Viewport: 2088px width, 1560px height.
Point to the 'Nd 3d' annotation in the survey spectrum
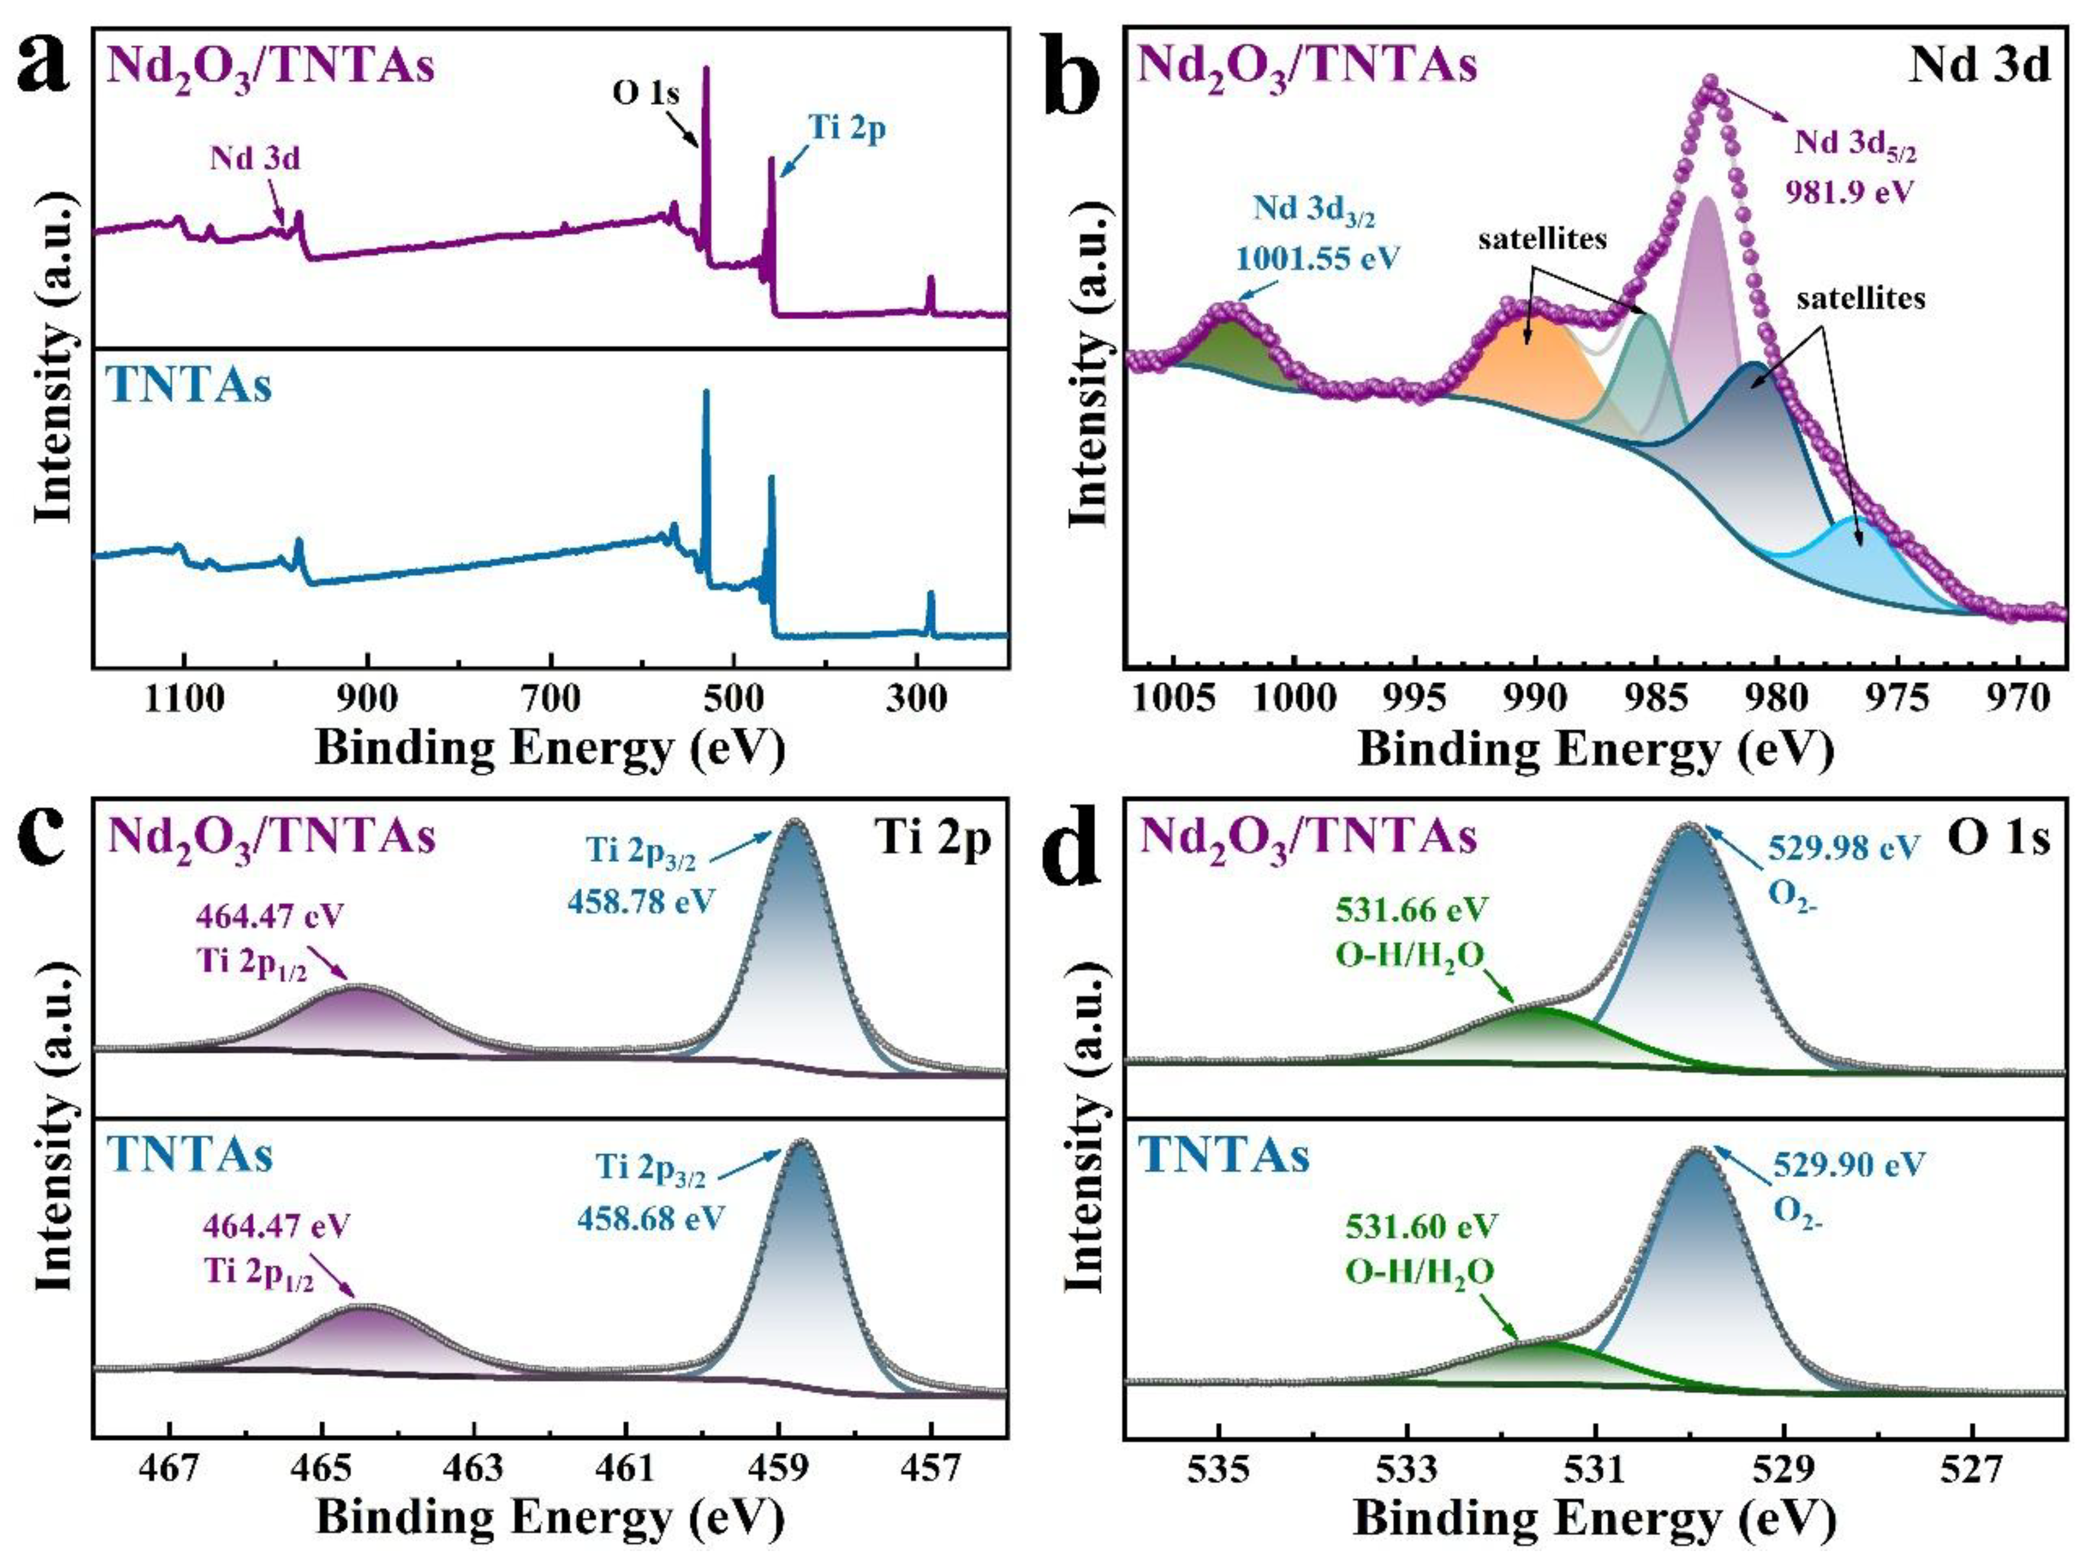[x=255, y=158]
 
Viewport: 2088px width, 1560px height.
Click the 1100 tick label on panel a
[x=184, y=699]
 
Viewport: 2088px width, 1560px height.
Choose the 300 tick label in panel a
[x=915, y=699]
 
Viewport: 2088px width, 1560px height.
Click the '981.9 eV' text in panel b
[x=1848, y=192]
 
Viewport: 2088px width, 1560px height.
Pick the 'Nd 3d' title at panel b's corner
[x=1978, y=66]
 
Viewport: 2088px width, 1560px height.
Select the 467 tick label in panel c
[x=170, y=1468]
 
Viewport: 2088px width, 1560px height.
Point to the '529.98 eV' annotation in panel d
[x=1843, y=848]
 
